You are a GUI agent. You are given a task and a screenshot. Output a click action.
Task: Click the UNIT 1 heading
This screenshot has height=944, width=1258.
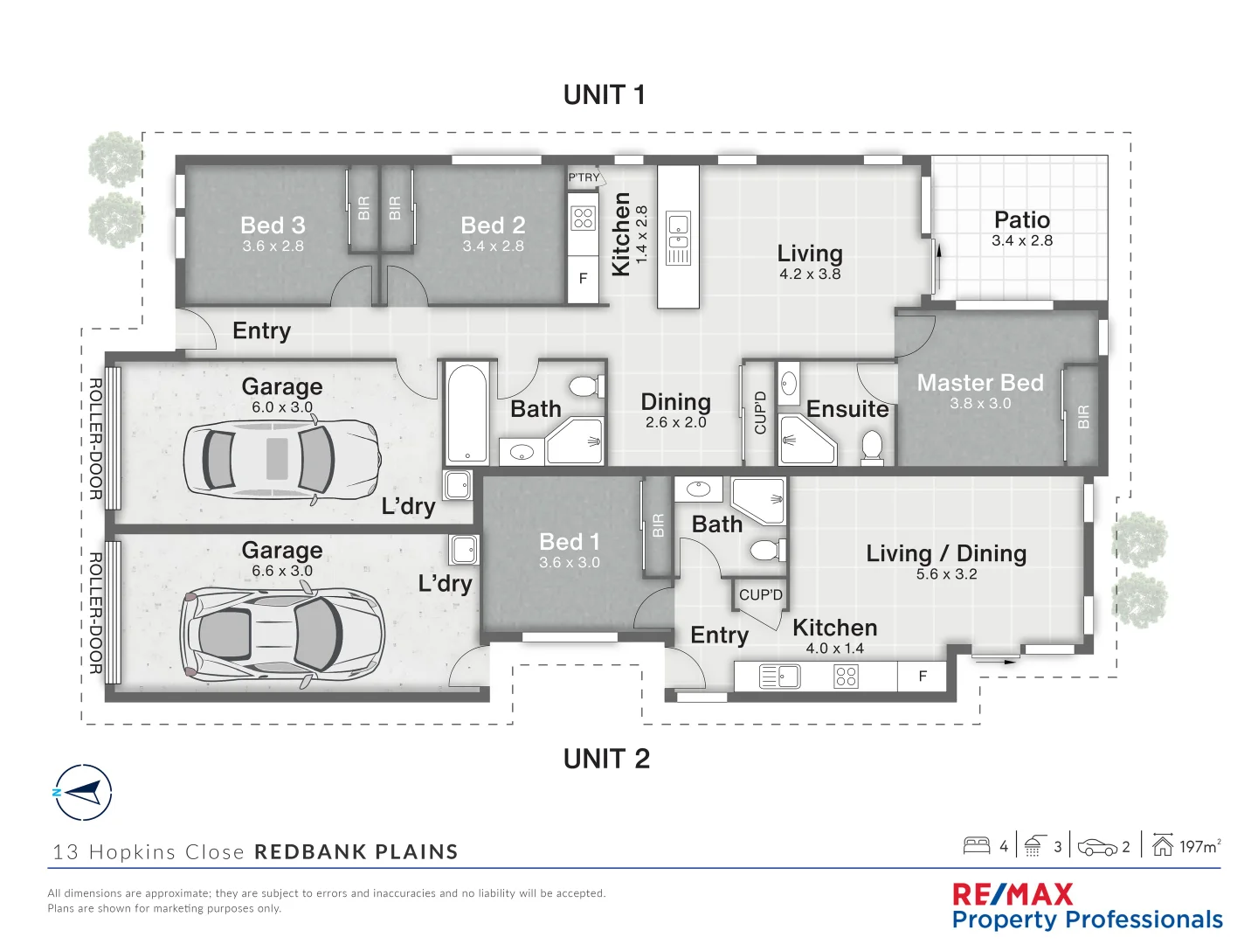coord(604,94)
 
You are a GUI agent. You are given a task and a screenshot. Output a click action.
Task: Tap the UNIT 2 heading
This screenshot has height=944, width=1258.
coord(606,759)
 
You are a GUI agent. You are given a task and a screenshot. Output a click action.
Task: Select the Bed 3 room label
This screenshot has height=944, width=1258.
coord(273,226)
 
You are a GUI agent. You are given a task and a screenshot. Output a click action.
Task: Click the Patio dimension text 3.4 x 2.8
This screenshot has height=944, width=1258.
coord(1021,241)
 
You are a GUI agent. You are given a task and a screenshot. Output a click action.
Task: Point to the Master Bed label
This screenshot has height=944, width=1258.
coord(979,383)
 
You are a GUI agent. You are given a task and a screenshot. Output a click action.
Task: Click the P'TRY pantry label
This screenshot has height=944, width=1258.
coord(584,177)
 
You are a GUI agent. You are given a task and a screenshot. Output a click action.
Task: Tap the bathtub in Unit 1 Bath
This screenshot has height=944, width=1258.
coord(467,413)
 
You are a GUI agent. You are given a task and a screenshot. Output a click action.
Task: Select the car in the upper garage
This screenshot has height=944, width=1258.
coord(281,459)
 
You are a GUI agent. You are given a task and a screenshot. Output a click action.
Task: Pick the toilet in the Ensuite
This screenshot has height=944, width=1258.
coord(872,447)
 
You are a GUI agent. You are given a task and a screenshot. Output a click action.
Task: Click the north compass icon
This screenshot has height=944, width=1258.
coord(83,793)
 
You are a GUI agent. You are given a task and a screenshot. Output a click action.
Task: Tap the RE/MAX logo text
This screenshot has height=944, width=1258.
coord(1013,894)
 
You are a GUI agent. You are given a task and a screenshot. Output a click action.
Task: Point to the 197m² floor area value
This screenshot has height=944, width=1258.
coord(1199,846)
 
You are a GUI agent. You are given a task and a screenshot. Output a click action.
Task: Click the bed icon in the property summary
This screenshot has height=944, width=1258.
coord(976,845)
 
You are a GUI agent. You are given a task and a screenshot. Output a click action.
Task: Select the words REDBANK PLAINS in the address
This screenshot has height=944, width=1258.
coord(356,852)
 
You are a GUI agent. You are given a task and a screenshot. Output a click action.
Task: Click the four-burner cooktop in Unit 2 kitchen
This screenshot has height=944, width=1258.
coord(846,677)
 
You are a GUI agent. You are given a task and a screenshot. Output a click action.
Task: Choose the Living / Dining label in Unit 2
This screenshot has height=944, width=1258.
coord(946,553)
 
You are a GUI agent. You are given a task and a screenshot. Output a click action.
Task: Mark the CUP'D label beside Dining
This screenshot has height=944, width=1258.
coord(760,413)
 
